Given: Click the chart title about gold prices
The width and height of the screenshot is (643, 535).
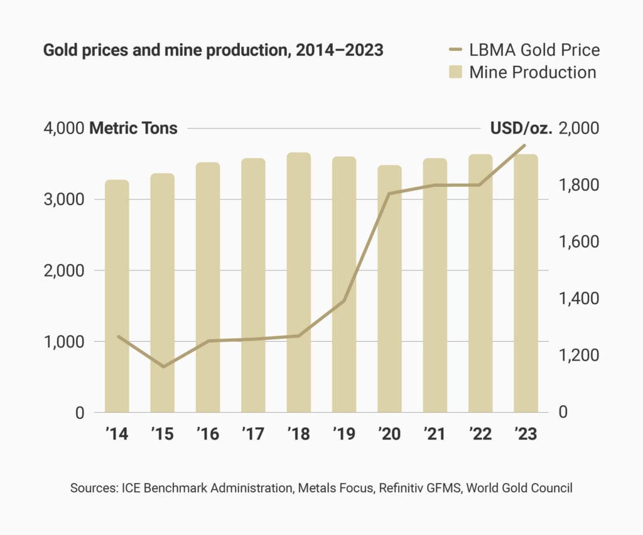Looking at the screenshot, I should [213, 50].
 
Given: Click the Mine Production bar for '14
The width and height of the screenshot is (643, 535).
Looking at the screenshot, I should [117, 296].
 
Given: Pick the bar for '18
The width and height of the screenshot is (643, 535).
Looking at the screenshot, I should [298, 282].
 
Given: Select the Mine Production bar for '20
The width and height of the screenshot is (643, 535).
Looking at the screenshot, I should [389, 289].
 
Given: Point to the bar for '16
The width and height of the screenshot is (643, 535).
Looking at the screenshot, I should [208, 287].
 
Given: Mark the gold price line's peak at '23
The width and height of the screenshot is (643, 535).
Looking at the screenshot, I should [525, 146].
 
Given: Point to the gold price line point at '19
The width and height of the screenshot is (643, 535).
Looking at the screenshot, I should [344, 301].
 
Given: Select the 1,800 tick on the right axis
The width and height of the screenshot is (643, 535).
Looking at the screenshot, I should [578, 186].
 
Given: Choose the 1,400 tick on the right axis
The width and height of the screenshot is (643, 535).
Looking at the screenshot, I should [578, 299].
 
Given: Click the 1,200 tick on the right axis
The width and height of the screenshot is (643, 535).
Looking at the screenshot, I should [578, 356].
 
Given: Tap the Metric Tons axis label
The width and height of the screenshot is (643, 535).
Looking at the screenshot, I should [134, 129].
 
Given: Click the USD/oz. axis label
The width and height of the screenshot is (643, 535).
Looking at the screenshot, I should [521, 129].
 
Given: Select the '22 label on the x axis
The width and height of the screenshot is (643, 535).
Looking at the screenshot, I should [480, 434].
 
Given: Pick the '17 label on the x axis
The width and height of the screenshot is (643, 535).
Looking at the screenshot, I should [253, 434].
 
